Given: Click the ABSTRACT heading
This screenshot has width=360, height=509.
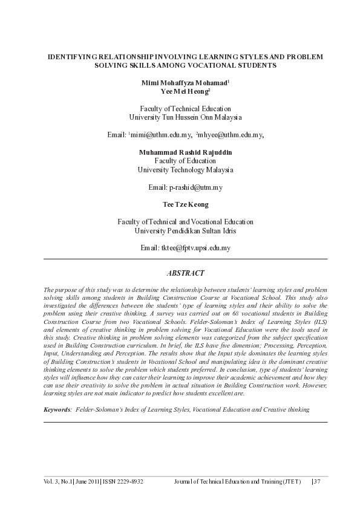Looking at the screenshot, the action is tap(185, 273).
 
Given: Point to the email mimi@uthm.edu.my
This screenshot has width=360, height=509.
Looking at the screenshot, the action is tap(161, 134).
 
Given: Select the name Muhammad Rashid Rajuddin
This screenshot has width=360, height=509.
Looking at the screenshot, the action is tap(185, 152).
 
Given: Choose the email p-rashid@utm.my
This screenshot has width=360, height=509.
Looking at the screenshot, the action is tap(196, 187).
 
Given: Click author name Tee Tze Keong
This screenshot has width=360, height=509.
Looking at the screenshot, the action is tap(185, 205).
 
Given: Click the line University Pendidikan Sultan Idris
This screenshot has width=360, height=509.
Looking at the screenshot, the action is tap(185, 231).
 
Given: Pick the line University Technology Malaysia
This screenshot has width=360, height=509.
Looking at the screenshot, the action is tap(185, 170).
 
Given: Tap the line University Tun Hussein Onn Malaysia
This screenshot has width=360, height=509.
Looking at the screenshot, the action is tap(185, 117).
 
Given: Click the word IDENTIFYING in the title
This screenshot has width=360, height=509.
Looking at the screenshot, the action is tap(73, 56).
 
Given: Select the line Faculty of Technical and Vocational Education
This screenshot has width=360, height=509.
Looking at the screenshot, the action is tap(185, 222).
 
